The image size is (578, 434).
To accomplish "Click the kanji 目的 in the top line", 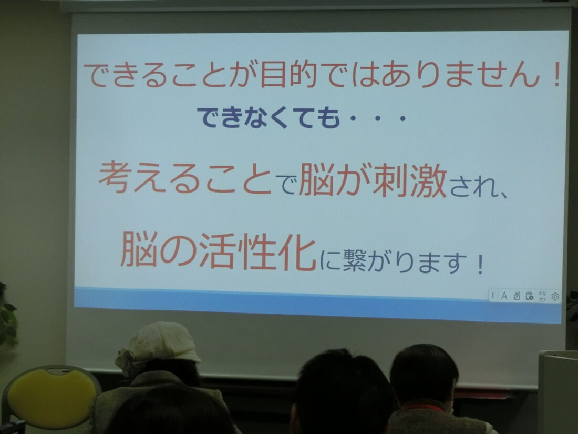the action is coord(288,75).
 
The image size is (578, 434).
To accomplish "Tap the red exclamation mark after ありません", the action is coord(558,74).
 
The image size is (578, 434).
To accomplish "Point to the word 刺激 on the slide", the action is coord(410,180).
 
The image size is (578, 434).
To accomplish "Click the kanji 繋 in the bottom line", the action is coord(354,260).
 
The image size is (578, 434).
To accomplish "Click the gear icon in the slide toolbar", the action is coord(555,296).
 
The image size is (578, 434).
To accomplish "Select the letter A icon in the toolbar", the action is coord(504,296).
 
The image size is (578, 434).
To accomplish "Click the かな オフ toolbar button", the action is coord(542,296).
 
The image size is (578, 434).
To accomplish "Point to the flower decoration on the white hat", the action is coord(127,362).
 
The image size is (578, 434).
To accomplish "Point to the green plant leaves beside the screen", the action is coord(7,318).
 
